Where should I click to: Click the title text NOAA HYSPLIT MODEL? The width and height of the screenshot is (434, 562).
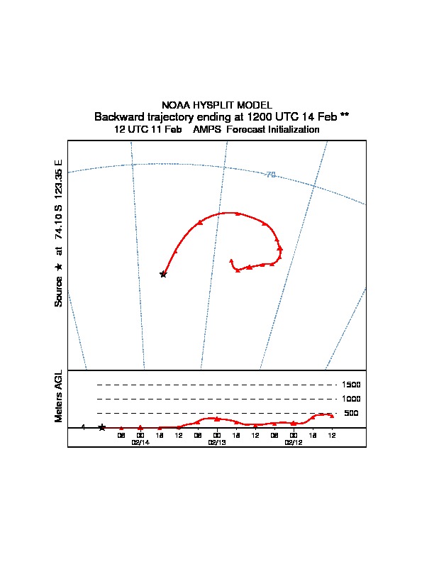point(217,105)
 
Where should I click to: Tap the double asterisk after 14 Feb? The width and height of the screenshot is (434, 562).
point(344,116)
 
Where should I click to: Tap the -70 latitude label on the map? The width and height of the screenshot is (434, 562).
point(270,174)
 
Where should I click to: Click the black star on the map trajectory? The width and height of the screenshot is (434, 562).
point(163,274)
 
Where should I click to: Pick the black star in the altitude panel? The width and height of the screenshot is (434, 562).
point(102,427)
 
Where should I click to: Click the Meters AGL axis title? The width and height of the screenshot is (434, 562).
point(59,396)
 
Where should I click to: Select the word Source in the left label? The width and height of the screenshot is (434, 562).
point(59,291)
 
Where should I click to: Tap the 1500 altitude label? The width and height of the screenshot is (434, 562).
point(351,385)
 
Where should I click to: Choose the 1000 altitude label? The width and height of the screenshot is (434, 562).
point(351,399)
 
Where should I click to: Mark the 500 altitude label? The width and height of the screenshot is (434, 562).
point(351,413)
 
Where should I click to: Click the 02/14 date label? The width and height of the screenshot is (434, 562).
point(140,442)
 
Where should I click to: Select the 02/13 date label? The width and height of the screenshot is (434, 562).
point(217,442)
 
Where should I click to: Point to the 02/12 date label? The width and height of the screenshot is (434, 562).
point(294,442)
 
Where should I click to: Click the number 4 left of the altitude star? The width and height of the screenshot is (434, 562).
point(83,427)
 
